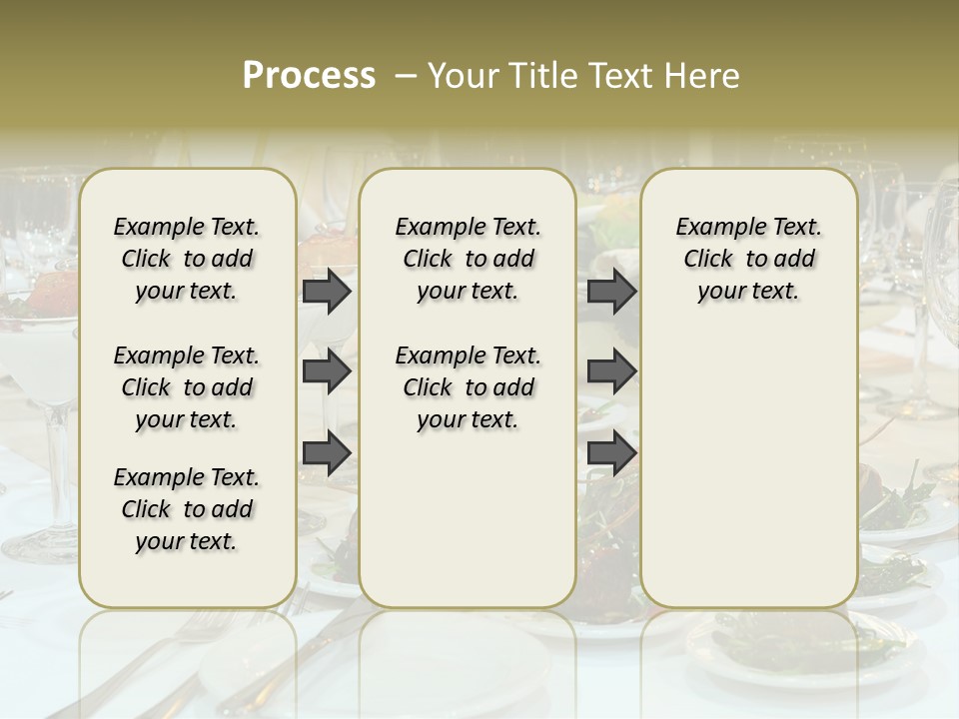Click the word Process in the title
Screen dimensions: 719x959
[309, 76]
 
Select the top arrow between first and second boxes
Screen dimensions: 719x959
[327, 292]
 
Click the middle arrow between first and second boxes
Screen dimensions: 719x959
[327, 372]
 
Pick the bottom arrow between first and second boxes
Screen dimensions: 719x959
[327, 453]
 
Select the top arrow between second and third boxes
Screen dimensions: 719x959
[611, 292]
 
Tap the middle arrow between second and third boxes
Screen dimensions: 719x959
[611, 372]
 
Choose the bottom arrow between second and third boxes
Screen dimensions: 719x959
[611, 453]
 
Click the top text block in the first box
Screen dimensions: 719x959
[187, 259]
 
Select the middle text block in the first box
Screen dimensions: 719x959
[187, 387]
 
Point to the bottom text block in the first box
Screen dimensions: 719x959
[187, 509]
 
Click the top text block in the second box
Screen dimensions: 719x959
[468, 259]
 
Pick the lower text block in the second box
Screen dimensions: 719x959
[468, 387]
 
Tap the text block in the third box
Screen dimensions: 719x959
[748, 259]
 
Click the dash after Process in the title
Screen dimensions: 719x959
[406, 76]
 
